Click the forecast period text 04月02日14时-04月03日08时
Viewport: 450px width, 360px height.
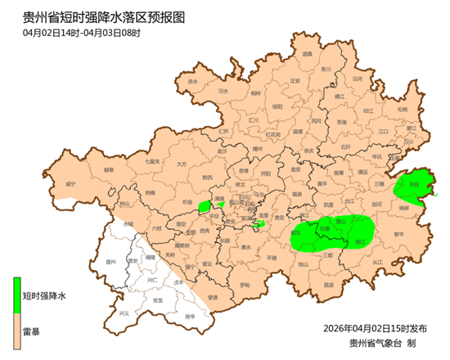click(82, 33)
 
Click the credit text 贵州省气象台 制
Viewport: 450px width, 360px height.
click(383, 343)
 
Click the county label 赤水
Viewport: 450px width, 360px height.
click(193, 83)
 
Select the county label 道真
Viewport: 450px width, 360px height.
click(307, 54)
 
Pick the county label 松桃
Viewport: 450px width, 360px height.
click(403, 110)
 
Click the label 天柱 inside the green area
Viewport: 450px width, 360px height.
click(414, 187)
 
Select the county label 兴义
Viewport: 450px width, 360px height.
click(124, 313)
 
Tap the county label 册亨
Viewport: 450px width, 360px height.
click(191, 316)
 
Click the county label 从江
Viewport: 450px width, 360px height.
click(377, 263)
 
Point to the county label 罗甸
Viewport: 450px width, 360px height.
click(245, 285)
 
